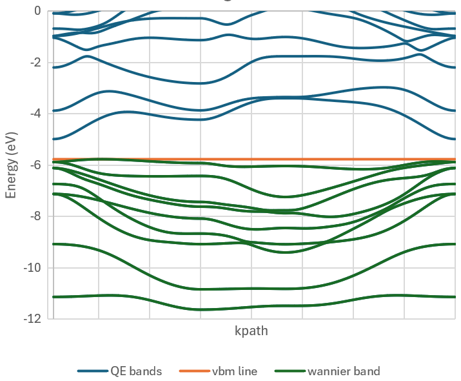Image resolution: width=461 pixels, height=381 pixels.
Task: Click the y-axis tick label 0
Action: pyautogui.click(x=37, y=11)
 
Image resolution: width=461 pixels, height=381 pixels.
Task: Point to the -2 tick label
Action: pyautogui.click(x=35, y=63)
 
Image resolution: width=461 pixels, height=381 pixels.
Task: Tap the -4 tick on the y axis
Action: pyautogui.click(x=35, y=114)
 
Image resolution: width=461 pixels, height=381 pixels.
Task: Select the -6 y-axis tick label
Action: pyautogui.click(x=35, y=165)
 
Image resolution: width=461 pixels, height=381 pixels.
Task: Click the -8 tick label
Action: pyautogui.click(x=35, y=216)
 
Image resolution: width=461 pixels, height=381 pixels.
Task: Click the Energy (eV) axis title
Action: pyautogui.click(x=11, y=165)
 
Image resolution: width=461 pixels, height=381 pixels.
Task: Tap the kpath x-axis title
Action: pyautogui.click(x=251, y=331)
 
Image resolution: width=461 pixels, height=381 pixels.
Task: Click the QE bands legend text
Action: pyautogui.click(x=137, y=371)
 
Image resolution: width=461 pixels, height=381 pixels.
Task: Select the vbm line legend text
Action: pyautogui.click(x=235, y=371)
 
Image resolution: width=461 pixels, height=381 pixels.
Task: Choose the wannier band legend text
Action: pyautogui.click(x=344, y=371)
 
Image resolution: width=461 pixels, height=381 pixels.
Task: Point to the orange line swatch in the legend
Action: pyautogui.click(x=193, y=371)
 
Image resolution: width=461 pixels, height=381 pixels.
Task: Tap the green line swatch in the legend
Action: pyautogui.click(x=289, y=371)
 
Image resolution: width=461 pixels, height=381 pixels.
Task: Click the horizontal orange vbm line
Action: pyautogui.click(x=258, y=159)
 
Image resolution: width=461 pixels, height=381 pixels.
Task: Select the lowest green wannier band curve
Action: pyautogui.click(x=200, y=309)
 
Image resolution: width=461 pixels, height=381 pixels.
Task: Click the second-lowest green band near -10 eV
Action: pyautogui.click(x=200, y=289)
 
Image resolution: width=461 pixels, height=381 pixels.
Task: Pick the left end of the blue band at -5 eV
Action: pyautogui.click(x=55, y=139)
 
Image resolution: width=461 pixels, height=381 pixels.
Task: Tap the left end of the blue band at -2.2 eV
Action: pyautogui.click(x=55, y=67)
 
